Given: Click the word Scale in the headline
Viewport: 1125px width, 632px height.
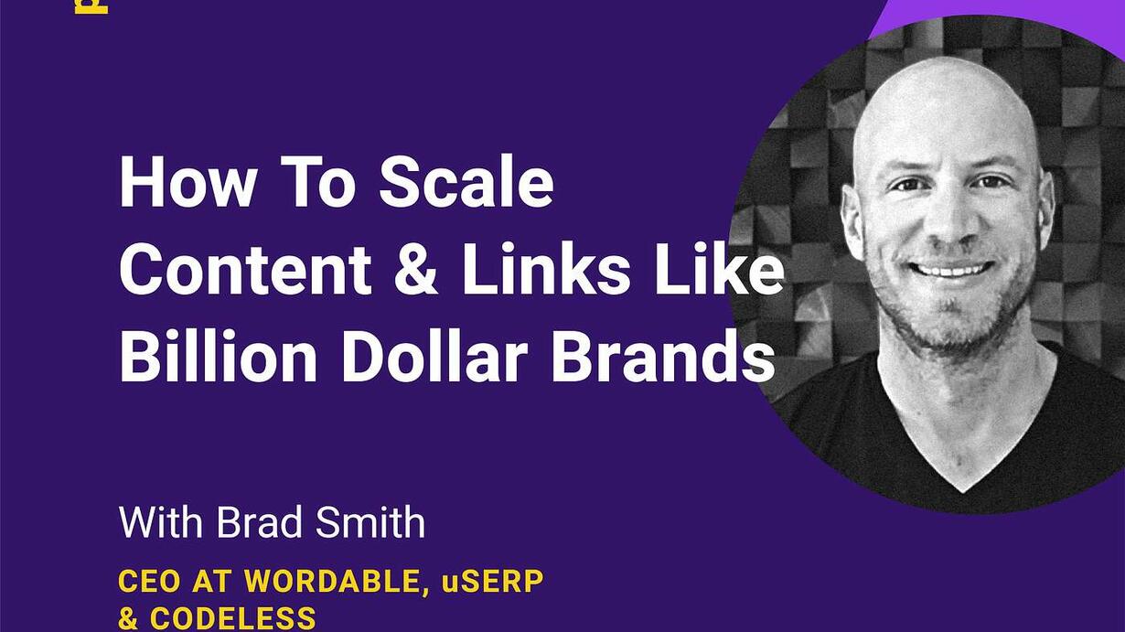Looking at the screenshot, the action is (466, 181).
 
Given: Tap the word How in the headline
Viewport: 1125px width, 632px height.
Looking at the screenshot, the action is (186, 182).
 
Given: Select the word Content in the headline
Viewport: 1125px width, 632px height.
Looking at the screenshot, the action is (245, 269).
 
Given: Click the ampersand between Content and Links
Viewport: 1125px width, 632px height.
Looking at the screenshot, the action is (416, 269).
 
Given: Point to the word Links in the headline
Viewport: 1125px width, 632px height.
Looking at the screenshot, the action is (546, 269).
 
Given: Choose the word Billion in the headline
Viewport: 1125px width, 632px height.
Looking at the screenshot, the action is (218, 356).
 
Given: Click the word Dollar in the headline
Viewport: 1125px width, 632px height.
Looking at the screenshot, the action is (434, 356).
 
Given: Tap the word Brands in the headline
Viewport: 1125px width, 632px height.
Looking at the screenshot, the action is (663, 356).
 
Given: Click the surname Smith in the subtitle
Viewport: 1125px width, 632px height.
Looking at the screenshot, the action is (370, 522).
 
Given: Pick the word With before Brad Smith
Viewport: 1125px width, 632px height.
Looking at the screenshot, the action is (161, 522).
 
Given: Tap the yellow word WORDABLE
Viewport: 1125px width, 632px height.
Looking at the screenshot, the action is (333, 583).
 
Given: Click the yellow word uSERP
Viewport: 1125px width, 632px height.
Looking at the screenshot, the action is (493, 582).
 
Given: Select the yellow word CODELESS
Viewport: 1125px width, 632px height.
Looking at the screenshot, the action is (232, 618).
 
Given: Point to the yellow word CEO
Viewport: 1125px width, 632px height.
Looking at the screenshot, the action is (149, 582).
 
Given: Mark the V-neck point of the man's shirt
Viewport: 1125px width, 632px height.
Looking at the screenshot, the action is (962, 491).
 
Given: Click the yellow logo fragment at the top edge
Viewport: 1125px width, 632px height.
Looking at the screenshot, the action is (91, 6).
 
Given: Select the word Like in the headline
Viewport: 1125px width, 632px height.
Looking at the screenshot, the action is (718, 269).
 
